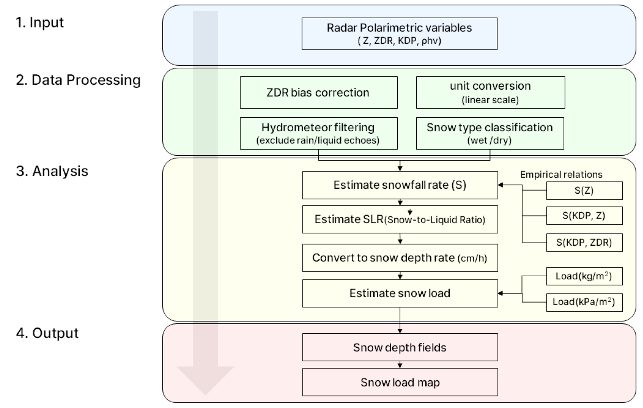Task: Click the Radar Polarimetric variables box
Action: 399,34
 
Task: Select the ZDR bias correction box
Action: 318,93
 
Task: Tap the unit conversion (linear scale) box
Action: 490,93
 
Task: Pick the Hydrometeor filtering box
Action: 318,133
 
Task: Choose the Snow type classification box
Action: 490,133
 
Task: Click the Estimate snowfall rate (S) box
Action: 400,185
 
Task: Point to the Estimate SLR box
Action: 400,219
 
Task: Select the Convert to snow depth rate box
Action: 400,258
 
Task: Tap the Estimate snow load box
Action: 400,293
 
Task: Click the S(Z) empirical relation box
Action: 584,191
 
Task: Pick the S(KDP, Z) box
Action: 584,216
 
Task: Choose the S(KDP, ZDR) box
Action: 584,242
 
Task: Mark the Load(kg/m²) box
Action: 584,276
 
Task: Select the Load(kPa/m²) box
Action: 584,302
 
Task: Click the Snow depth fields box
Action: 400,348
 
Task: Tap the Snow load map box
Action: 400,382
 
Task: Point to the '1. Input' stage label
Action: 40,22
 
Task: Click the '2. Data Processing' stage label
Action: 78,80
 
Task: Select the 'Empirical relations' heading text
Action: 561,175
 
